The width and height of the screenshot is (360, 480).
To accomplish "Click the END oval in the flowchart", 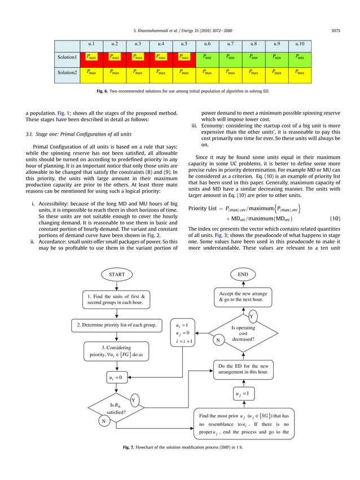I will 243,274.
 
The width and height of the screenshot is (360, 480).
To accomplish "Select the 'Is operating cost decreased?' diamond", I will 243,333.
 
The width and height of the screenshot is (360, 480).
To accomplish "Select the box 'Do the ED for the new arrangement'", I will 243,369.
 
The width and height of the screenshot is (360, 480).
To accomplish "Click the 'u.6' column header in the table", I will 207,43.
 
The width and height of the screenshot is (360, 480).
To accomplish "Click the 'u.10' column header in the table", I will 300,43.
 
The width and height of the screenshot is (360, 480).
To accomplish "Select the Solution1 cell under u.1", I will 91,57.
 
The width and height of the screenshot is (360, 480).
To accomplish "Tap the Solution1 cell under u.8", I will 253,57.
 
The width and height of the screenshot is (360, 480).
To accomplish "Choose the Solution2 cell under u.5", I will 184,72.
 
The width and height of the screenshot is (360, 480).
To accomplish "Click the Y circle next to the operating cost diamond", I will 251,316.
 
